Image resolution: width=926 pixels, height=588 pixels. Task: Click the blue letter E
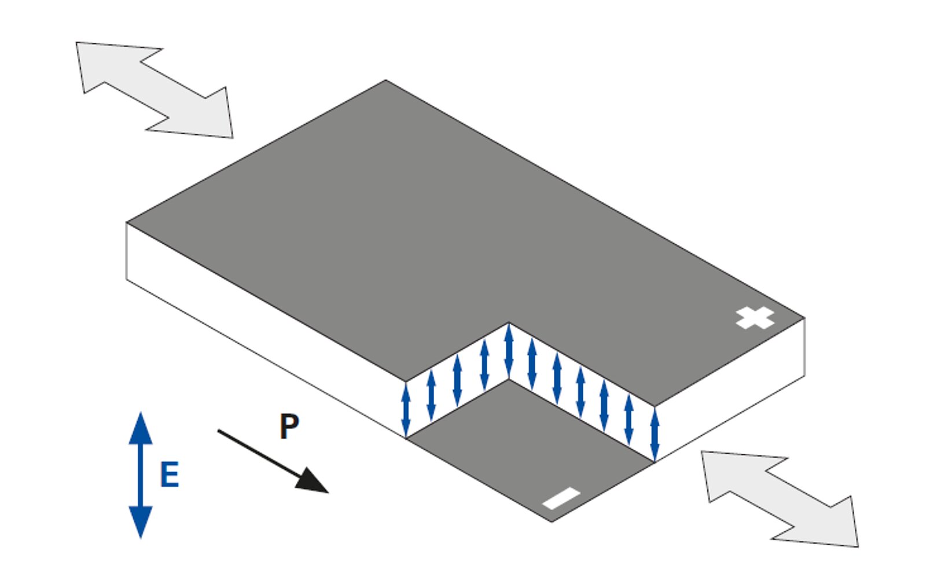169,475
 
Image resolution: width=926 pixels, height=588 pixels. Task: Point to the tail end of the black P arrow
219,431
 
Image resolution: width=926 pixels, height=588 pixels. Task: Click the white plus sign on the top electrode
755,318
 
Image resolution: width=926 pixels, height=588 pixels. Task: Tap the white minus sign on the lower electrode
561,498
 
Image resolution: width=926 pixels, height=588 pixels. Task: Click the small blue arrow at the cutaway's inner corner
509,351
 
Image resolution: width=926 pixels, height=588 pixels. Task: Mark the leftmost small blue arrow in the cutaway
406,410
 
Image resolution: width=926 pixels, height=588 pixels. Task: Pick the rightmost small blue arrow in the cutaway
655,434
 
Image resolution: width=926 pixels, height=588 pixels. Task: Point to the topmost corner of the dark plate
386,81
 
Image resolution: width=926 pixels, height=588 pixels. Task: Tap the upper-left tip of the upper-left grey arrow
78,43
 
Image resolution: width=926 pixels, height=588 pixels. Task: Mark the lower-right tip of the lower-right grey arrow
857,546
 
